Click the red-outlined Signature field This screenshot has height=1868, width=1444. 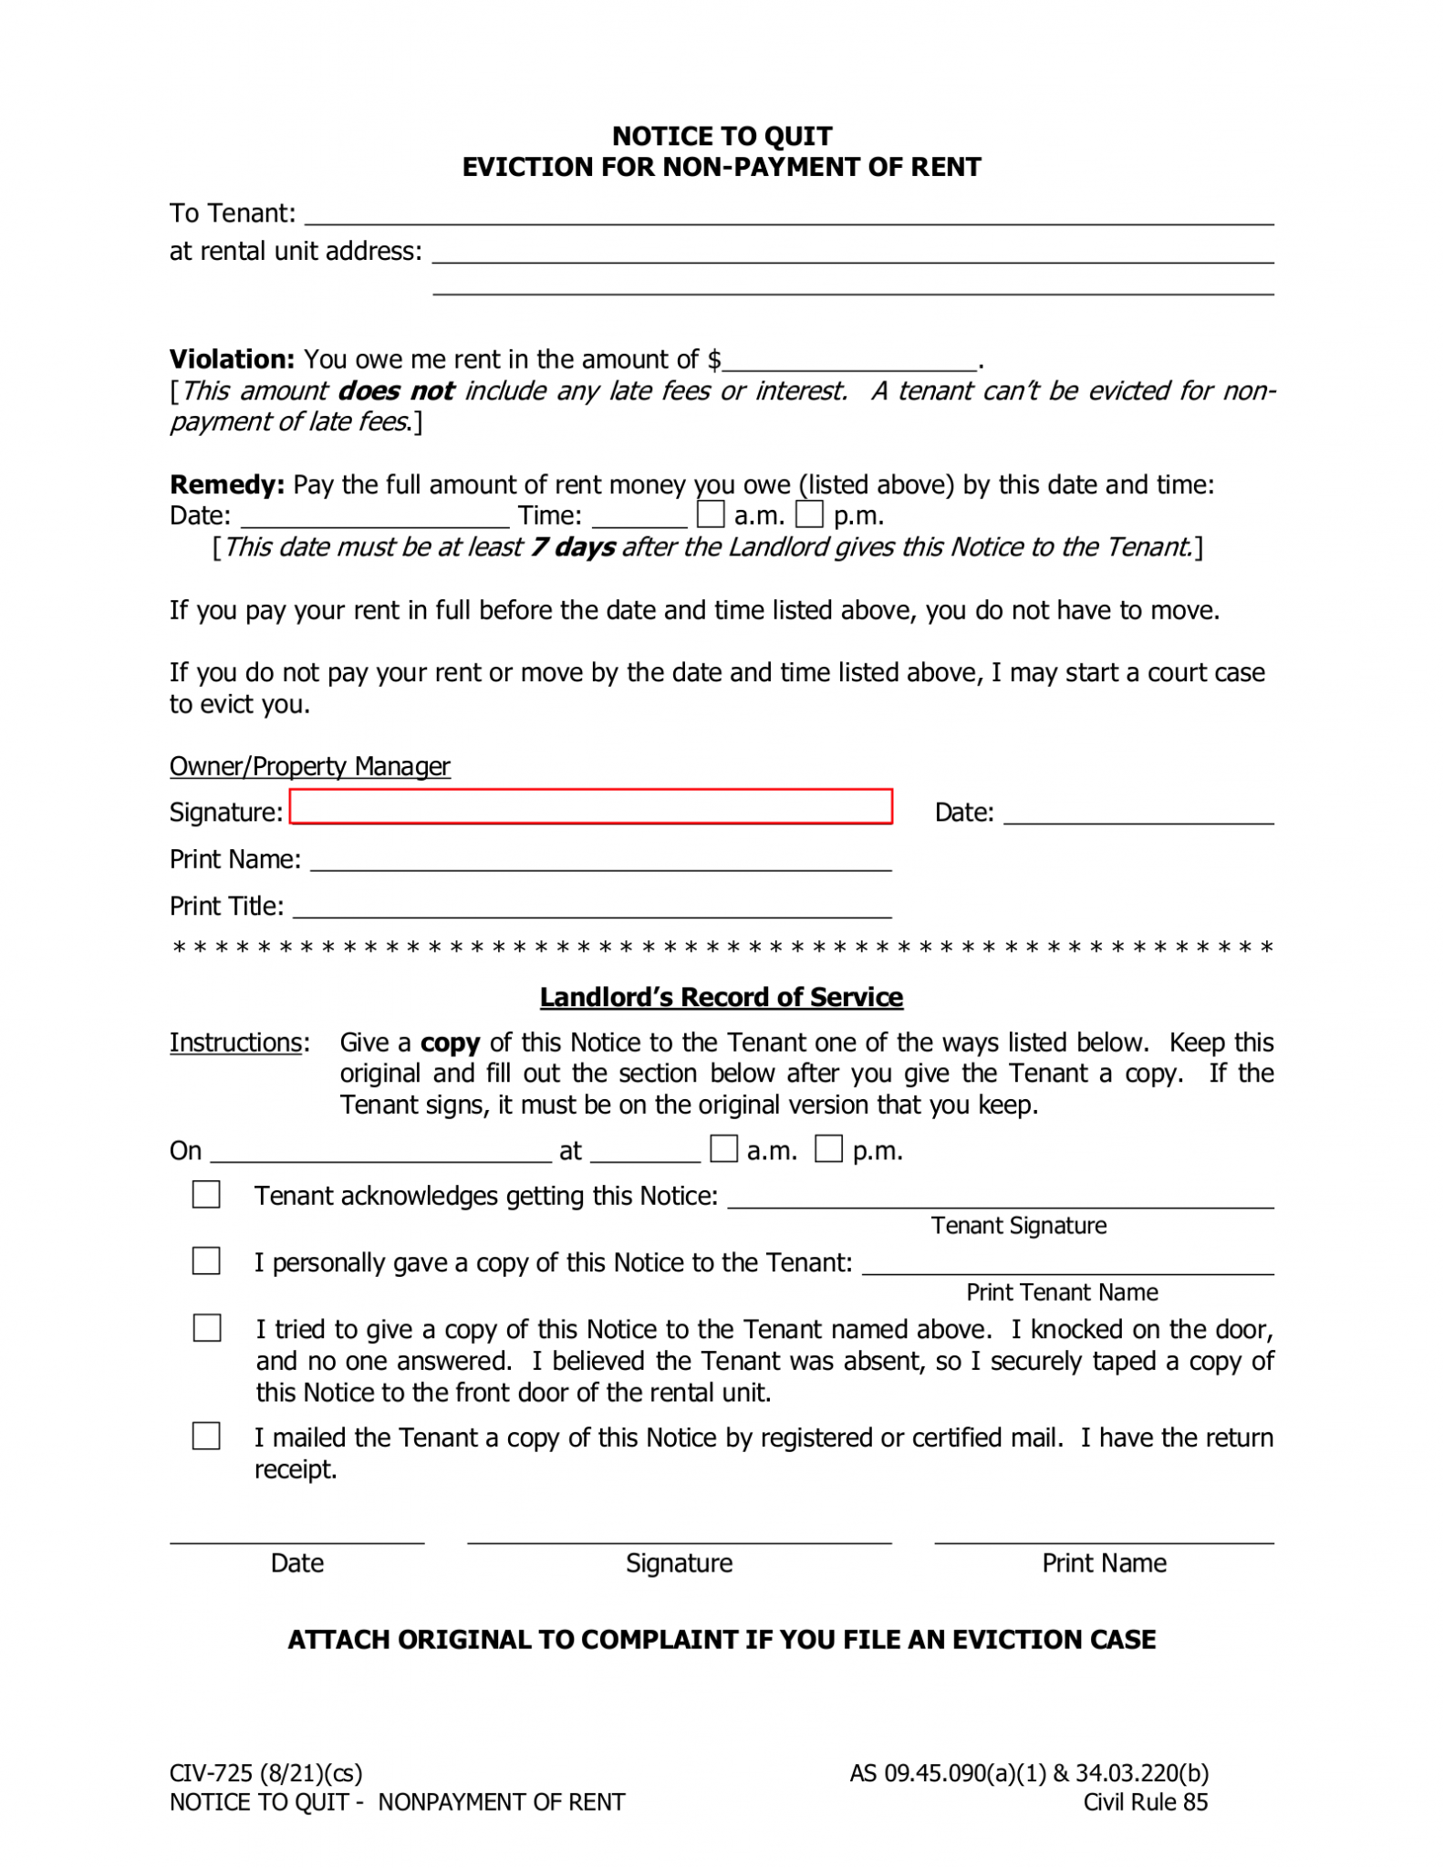click(x=590, y=806)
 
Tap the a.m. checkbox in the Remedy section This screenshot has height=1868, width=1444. click(x=710, y=514)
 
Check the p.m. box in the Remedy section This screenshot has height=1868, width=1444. click(x=809, y=514)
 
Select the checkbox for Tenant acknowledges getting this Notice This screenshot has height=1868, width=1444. click(x=206, y=1194)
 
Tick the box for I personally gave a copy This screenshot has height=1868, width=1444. click(x=206, y=1261)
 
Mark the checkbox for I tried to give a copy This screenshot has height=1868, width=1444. click(x=207, y=1327)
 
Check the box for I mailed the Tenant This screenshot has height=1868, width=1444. click(x=206, y=1436)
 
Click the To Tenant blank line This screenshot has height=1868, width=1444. click(x=788, y=215)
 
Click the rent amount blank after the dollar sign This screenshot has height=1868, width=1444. click(x=849, y=361)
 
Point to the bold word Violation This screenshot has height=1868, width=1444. click(x=232, y=359)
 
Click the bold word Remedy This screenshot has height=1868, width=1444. click(x=227, y=484)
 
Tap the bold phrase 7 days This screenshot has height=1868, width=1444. click(x=573, y=547)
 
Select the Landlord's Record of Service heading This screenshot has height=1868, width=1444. click(x=721, y=997)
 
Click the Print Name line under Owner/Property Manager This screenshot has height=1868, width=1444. click(x=600, y=862)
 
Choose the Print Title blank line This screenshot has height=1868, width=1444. click(x=591, y=908)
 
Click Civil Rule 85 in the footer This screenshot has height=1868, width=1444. click(x=1145, y=1801)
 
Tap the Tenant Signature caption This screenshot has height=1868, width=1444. click(x=1018, y=1225)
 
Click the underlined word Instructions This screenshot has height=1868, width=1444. click(x=235, y=1043)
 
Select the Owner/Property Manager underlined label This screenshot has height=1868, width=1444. click(x=309, y=766)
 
